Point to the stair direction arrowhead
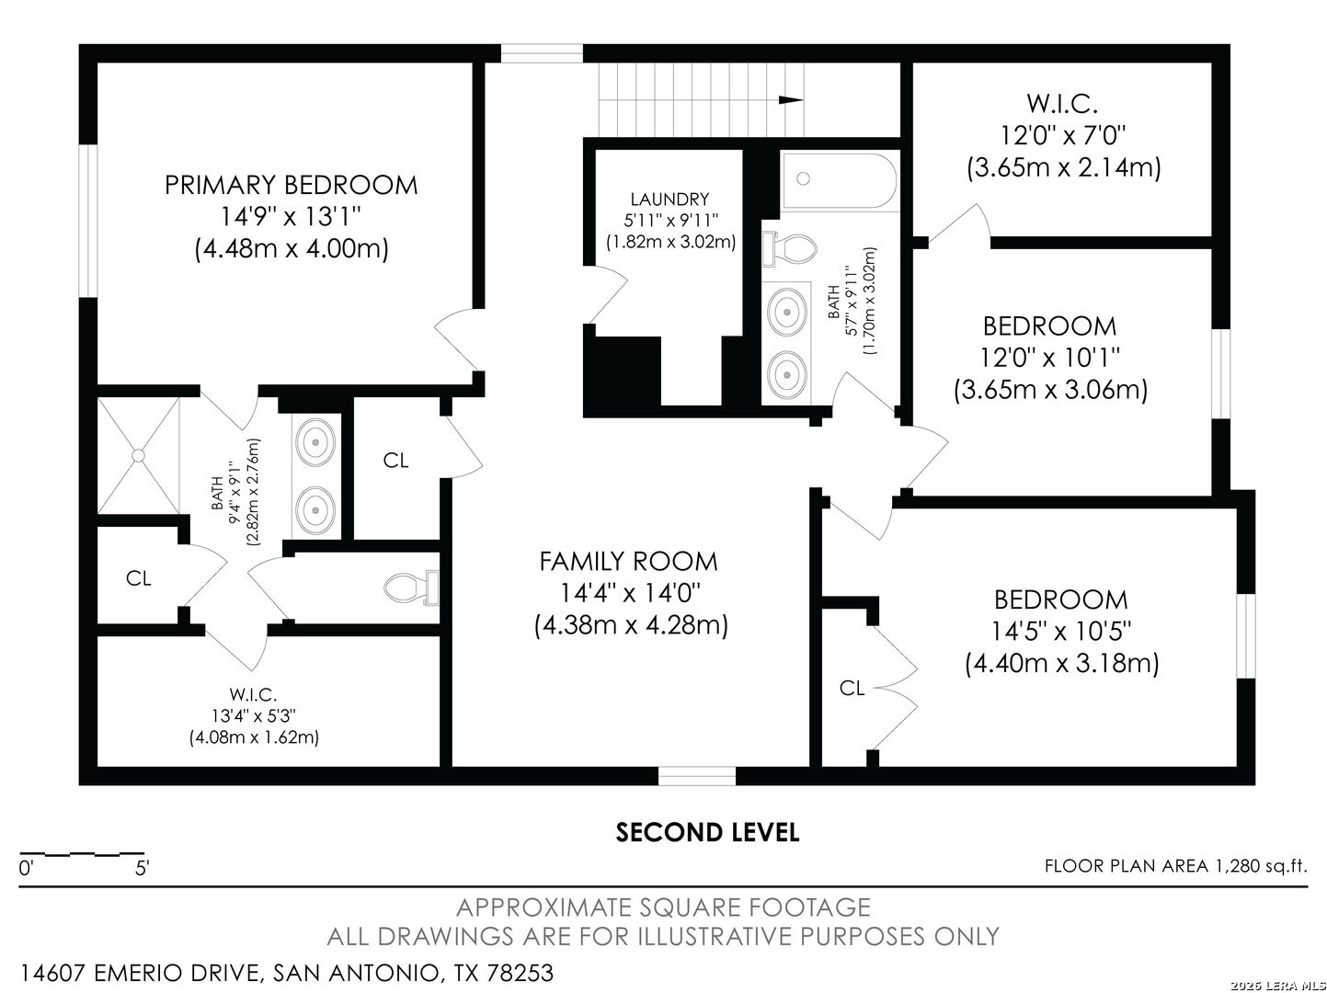[x=791, y=100]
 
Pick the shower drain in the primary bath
[x=139, y=455]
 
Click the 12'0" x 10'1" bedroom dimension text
[x=1049, y=358]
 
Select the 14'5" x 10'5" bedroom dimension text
[x=1061, y=632]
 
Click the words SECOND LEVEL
[x=707, y=832]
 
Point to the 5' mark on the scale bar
[x=142, y=869]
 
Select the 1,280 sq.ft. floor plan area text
[x=1260, y=866]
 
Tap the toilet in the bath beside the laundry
[x=790, y=248]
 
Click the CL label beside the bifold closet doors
[x=852, y=687]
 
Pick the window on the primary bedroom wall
[x=89, y=221]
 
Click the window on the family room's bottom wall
[x=696, y=776]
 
